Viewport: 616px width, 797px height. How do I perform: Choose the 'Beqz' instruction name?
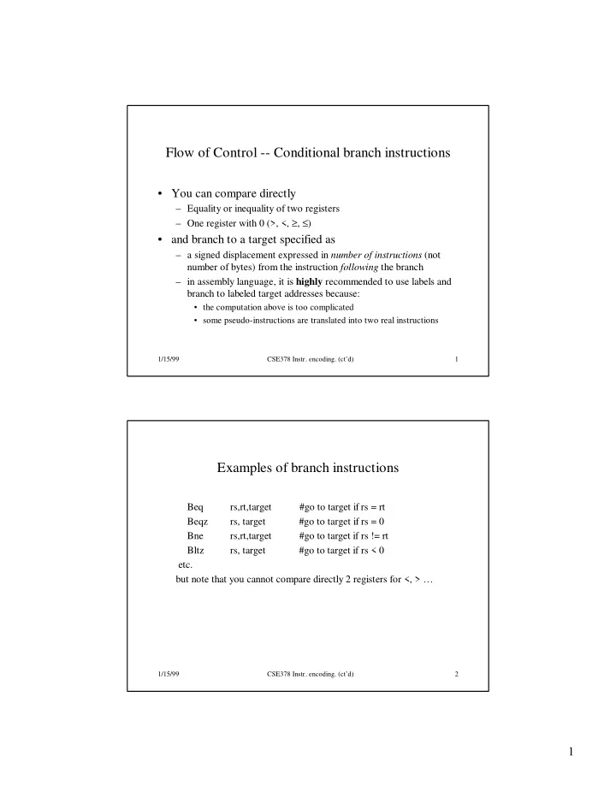coord(198,521)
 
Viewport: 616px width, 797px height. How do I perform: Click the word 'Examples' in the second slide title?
coord(248,469)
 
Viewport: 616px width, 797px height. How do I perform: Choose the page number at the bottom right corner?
coord(568,752)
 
